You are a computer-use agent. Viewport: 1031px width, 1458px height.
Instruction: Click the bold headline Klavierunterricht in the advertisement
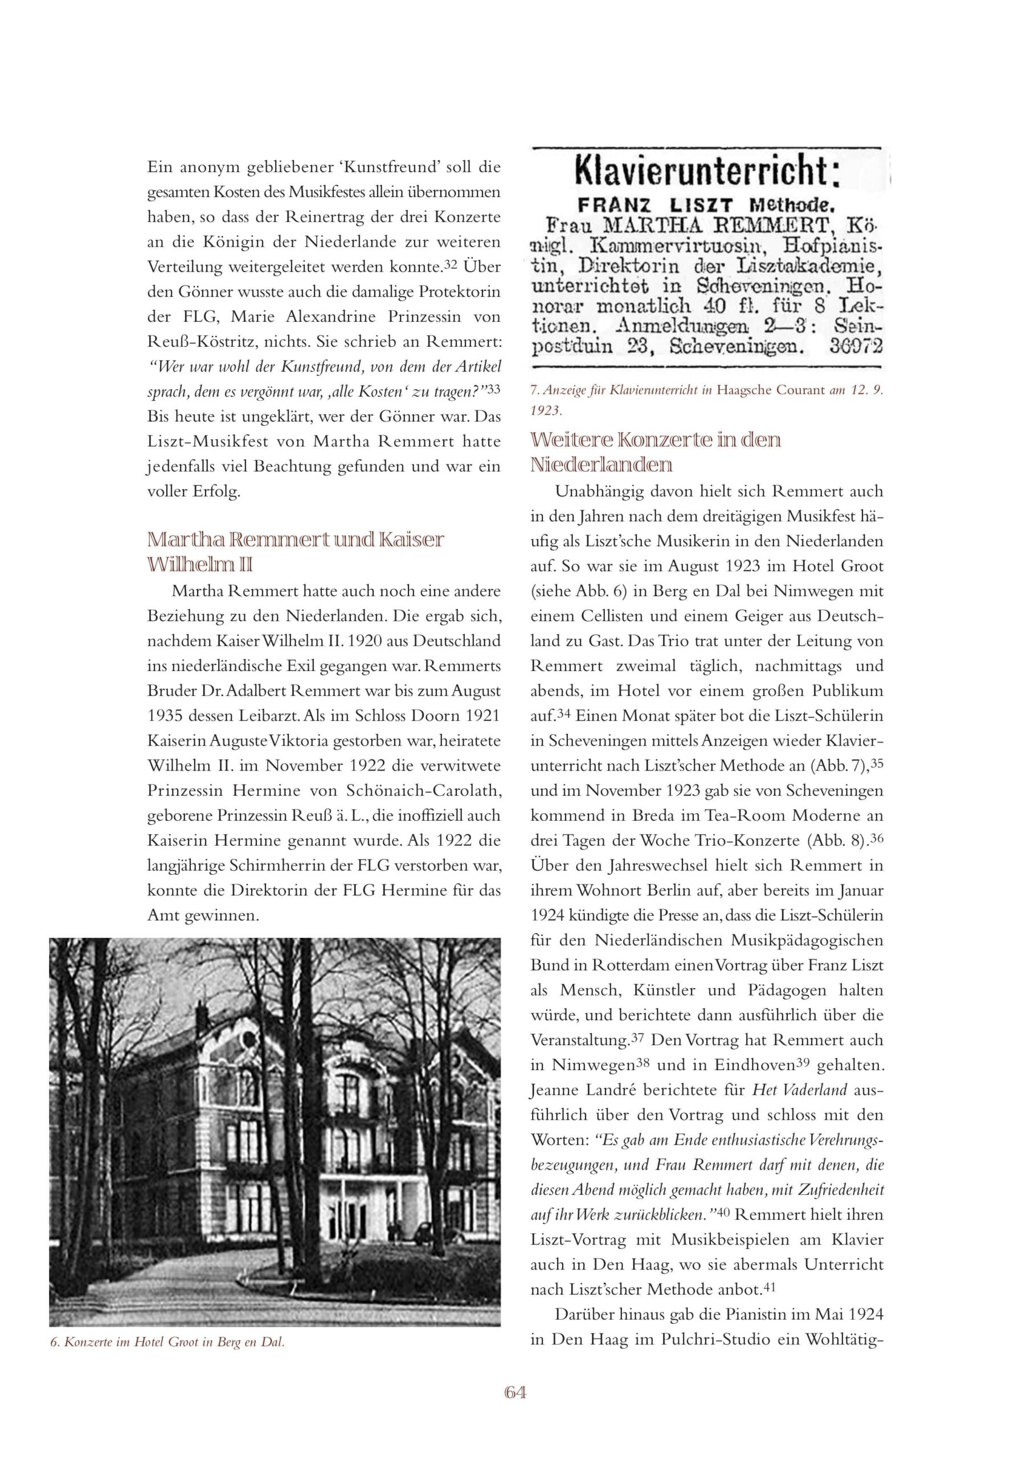707,173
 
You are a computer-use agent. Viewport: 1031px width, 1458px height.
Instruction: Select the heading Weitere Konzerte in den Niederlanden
656,452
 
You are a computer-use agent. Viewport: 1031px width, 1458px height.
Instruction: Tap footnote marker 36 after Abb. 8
877,838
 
